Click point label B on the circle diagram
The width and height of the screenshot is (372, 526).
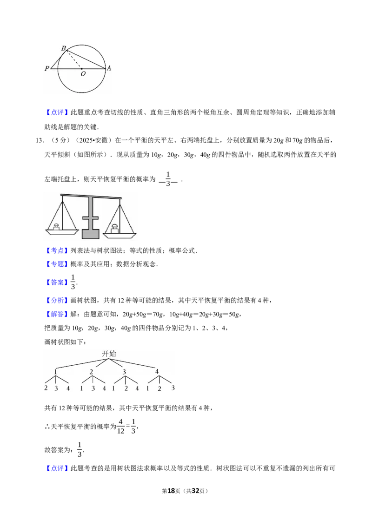pos(63,48)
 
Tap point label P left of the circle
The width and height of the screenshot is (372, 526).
pos(47,68)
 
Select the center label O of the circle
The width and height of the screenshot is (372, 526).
pos(83,74)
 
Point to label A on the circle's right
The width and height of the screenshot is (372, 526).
pos(109,68)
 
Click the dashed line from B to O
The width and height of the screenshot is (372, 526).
pos(73,59)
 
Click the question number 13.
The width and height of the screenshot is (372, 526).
pos(40,140)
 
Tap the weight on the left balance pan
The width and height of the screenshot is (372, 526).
pos(56,226)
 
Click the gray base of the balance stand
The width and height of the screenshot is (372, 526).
pos(90,234)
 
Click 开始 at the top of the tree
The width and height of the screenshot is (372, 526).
pos(109,354)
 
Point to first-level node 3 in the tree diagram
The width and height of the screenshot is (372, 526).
pos(124,372)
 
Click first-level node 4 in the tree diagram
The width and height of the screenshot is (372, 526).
pos(157,371)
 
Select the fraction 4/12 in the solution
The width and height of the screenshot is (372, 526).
pos(120,427)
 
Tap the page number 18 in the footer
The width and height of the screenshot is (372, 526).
pos(171,491)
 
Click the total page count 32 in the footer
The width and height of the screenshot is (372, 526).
pos(195,491)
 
